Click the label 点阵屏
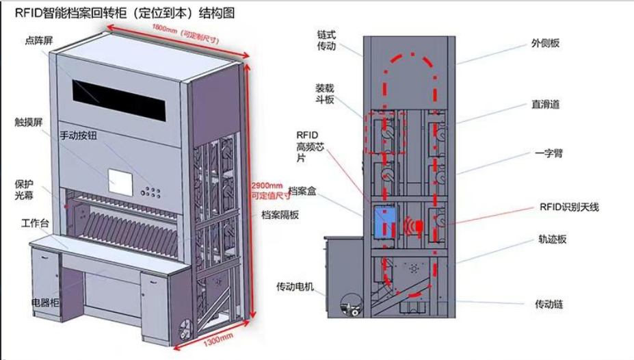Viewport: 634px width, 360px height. click(38, 41)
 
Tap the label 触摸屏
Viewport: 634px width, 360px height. click(28, 121)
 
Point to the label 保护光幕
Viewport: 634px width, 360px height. click(25, 190)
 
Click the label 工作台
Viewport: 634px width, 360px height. click(35, 223)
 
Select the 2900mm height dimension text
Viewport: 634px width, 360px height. click(267, 185)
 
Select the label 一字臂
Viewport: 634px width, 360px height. click(549, 154)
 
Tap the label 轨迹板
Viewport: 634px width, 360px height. click(552, 240)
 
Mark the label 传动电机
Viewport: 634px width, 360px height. click(295, 286)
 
